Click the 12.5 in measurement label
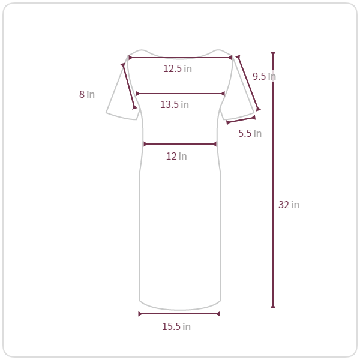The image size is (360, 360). [x=178, y=68]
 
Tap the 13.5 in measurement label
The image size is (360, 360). [x=175, y=104]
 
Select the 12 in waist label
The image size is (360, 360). [x=176, y=156]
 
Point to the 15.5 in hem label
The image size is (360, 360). [x=176, y=326]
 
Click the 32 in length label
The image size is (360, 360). [x=289, y=205]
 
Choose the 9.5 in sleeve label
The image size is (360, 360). [x=264, y=76]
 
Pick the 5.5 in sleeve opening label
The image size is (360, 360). [x=250, y=133]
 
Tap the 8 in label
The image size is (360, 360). [x=87, y=94]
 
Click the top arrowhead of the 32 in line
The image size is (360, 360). [x=273, y=54]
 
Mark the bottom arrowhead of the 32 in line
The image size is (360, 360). [x=273, y=306]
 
